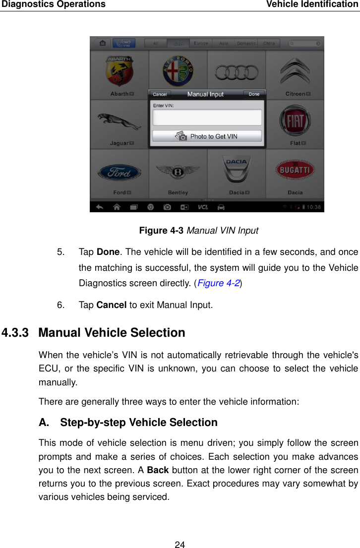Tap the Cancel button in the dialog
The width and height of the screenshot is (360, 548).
pyautogui.click(x=160, y=94)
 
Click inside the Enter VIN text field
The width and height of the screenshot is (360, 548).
pyautogui.click(x=207, y=118)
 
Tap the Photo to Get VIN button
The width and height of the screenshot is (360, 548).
pyautogui.click(x=207, y=136)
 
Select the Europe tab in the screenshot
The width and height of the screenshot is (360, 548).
pyautogui.click(x=201, y=44)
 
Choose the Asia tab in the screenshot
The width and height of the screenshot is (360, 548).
pyautogui.click(x=224, y=44)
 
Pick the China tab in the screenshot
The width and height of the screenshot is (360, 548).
pyautogui.click(x=269, y=44)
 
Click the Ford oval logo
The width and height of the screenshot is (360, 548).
pyautogui.click(x=119, y=173)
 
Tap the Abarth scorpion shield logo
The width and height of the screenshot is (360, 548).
pyautogui.click(x=119, y=71)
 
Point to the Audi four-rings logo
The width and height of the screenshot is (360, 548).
pyautogui.click(x=236, y=73)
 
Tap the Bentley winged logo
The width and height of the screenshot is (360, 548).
pyautogui.click(x=178, y=173)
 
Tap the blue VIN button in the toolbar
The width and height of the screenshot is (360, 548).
pyautogui.click(x=124, y=43)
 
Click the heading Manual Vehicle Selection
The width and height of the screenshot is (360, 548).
pyautogui.click(x=112, y=333)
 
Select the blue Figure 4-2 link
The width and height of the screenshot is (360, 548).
pyautogui.click(x=220, y=284)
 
